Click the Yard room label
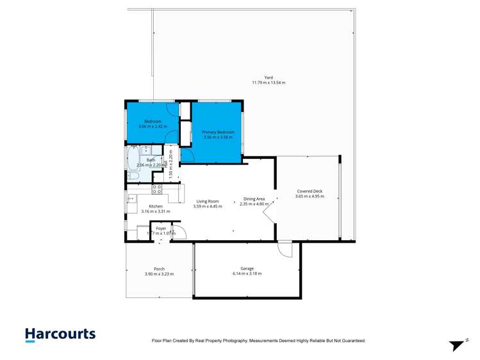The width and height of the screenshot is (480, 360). click(x=269, y=78)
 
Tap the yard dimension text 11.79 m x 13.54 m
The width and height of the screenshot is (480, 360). click(x=269, y=83)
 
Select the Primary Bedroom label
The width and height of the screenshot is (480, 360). click(x=218, y=132)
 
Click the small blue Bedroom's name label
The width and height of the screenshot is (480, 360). click(x=153, y=121)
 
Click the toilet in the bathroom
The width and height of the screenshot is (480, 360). click(x=133, y=176)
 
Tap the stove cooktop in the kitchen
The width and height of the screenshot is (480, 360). click(x=156, y=189)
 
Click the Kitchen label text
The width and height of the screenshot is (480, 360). click(x=156, y=206)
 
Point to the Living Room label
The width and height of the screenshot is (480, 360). click(x=207, y=201)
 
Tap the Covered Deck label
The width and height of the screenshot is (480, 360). click(x=310, y=191)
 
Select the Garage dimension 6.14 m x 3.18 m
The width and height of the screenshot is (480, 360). click(x=247, y=274)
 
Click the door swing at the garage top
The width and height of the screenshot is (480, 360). click(x=284, y=249)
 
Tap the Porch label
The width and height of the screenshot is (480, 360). click(x=159, y=268)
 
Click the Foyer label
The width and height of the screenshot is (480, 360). click(x=161, y=228)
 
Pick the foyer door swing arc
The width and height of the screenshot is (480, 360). click(x=179, y=233)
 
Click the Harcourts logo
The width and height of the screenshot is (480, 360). click(x=60, y=334)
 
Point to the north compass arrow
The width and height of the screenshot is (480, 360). click(x=457, y=345)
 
